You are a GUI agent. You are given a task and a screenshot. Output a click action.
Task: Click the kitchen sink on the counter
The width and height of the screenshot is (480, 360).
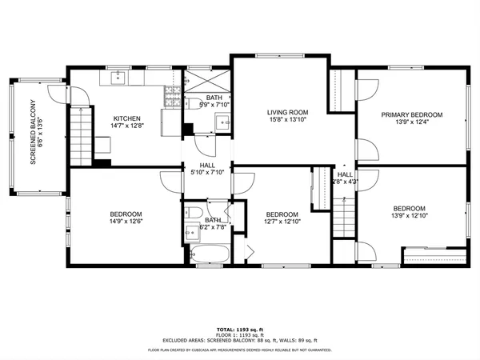[x=118, y=78]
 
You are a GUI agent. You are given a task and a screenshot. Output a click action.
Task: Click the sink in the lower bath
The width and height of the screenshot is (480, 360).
[x=192, y=234]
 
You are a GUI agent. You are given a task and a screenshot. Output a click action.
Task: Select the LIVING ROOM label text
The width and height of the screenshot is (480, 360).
[x=286, y=113]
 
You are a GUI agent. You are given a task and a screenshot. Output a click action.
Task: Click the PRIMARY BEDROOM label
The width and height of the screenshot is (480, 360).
[x=411, y=114]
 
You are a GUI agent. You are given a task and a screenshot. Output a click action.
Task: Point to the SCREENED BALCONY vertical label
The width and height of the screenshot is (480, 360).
[x=34, y=132]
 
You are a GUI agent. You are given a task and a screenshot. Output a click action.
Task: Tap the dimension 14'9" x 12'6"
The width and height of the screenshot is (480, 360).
[x=126, y=222]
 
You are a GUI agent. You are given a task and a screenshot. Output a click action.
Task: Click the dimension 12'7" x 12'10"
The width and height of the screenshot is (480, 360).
[x=282, y=223]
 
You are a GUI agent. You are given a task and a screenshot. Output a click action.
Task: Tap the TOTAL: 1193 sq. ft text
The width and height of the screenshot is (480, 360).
[x=240, y=330]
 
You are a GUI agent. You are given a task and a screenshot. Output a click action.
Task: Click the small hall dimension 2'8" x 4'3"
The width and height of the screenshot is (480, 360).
[x=345, y=182]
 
